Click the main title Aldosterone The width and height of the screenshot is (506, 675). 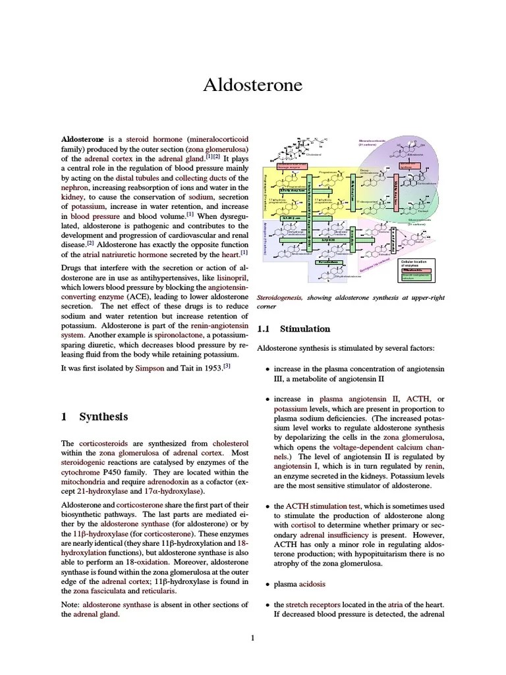253,86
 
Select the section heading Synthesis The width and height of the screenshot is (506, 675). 103,417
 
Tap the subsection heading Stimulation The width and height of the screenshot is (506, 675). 304,328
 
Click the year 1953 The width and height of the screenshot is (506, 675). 209,367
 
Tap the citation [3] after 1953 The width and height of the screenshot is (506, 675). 226,365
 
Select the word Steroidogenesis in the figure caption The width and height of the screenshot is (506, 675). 279,298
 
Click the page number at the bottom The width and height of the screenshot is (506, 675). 253,637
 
